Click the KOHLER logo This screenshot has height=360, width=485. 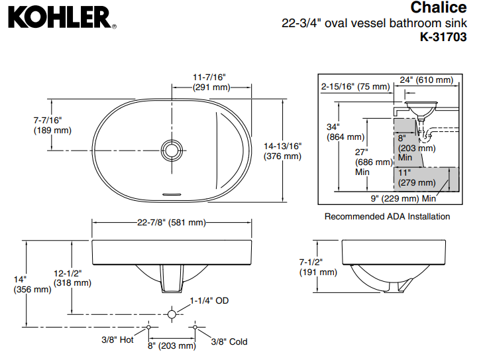[x=59, y=18]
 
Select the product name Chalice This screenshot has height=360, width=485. [x=438, y=8]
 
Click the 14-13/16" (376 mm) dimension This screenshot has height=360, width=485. [x=282, y=151]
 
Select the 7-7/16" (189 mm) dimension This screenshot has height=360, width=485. [x=52, y=125]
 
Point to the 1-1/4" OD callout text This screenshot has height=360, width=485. [x=209, y=300]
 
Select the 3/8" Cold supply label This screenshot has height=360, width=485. [x=229, y=341]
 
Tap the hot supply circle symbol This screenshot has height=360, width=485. [x=149, y=327]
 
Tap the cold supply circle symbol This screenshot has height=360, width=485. [x=196, y=327]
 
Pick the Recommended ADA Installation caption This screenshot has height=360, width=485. [x=387, y=216]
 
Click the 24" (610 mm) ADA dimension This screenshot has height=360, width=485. [x=427, y=80]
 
